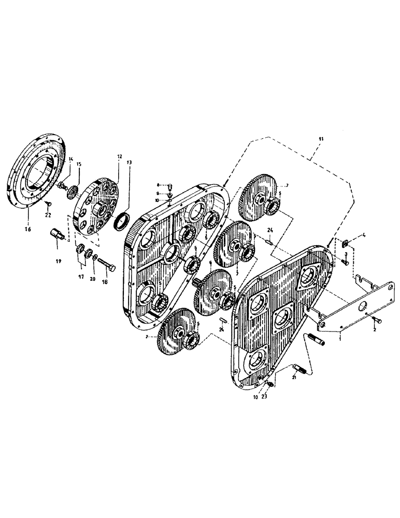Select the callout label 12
pos(119,156)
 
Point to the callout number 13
pos(129,162)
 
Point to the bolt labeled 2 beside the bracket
pos(377,322)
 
